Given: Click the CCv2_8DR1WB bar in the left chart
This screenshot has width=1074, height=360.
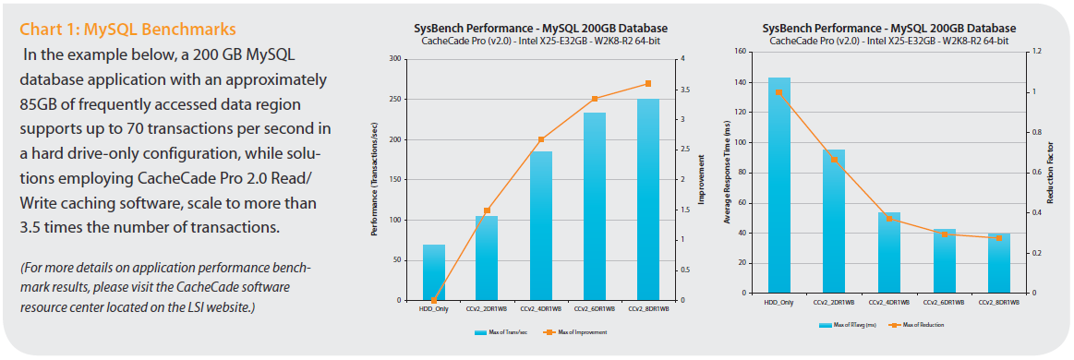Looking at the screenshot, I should tap(647, 199).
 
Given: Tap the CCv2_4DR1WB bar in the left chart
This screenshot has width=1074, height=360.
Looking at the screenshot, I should tap(540, 226).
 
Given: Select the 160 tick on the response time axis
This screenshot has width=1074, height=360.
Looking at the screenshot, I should tap(741, 52).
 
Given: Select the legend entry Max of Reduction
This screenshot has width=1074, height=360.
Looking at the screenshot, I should tap(919, 325).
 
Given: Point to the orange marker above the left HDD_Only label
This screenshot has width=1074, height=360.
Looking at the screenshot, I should tap(434, 300).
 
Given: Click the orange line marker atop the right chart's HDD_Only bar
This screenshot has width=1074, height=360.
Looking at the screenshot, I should tap(778, 92).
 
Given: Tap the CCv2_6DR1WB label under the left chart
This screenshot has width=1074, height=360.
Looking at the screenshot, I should tap(594, 309).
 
